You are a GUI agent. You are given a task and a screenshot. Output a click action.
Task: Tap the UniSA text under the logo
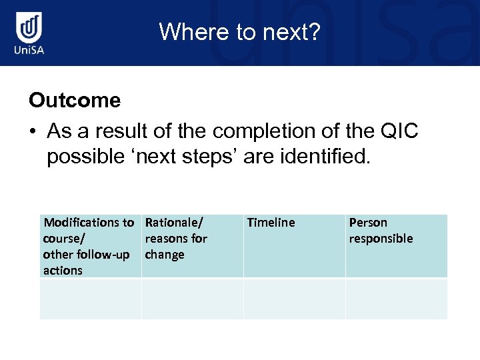click(x=30, y=51)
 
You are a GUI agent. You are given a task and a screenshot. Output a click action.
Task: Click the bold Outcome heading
click(x=75, y=101)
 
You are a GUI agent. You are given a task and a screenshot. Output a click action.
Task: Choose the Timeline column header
click(x=271, y=223)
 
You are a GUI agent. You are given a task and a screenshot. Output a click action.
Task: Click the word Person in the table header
click(x=368, y=223)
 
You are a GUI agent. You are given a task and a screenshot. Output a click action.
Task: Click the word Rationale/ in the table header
click(x=174, y=223)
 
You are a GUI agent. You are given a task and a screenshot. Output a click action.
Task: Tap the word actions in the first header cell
click(x=63, y=271)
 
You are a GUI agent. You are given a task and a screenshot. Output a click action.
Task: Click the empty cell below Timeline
click(x=294, y=299)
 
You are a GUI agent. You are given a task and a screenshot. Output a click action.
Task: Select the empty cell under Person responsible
click(x=396, y=299)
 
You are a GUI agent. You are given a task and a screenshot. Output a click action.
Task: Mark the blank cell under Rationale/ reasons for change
click(x=192, y=299)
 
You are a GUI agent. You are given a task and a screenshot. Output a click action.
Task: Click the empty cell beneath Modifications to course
click(x=91, y=299)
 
